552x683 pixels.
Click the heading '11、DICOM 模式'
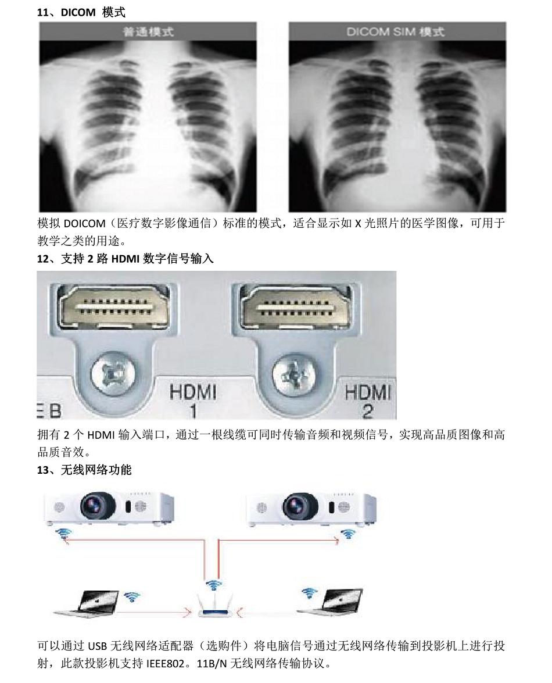[81, 12]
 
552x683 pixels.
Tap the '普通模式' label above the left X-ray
[148, 32]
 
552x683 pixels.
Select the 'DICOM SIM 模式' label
[395, 32]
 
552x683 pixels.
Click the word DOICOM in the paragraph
[84, 224]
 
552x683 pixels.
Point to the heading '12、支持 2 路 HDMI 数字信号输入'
[126, 259]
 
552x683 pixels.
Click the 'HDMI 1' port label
[193, 401]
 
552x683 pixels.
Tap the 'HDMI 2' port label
[368, 401]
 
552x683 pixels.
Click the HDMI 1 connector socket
[114, 306]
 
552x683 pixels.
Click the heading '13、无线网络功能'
[84, 470]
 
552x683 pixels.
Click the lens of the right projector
[300, 506]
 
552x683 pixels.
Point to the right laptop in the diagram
[338, 602]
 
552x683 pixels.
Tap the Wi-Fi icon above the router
[213, 585]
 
